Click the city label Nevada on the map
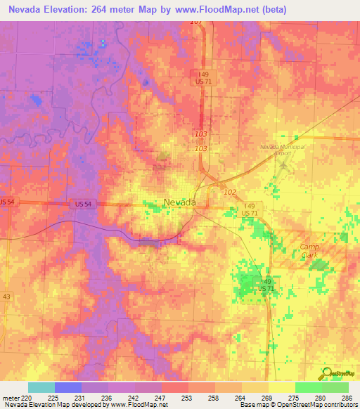click(x=179, y=202)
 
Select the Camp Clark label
click(x=309, y=251)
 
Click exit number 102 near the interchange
click(x=229, y=191)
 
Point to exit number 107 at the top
click(x=195, y=22)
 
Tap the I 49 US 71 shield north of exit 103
click(x=204, y=77)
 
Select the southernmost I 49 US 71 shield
click(x=265, y=285)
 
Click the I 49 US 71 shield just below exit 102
click(x=249, y=209)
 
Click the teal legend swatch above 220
click(x=41, y=387)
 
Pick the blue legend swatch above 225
click(x=67, y=387)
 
